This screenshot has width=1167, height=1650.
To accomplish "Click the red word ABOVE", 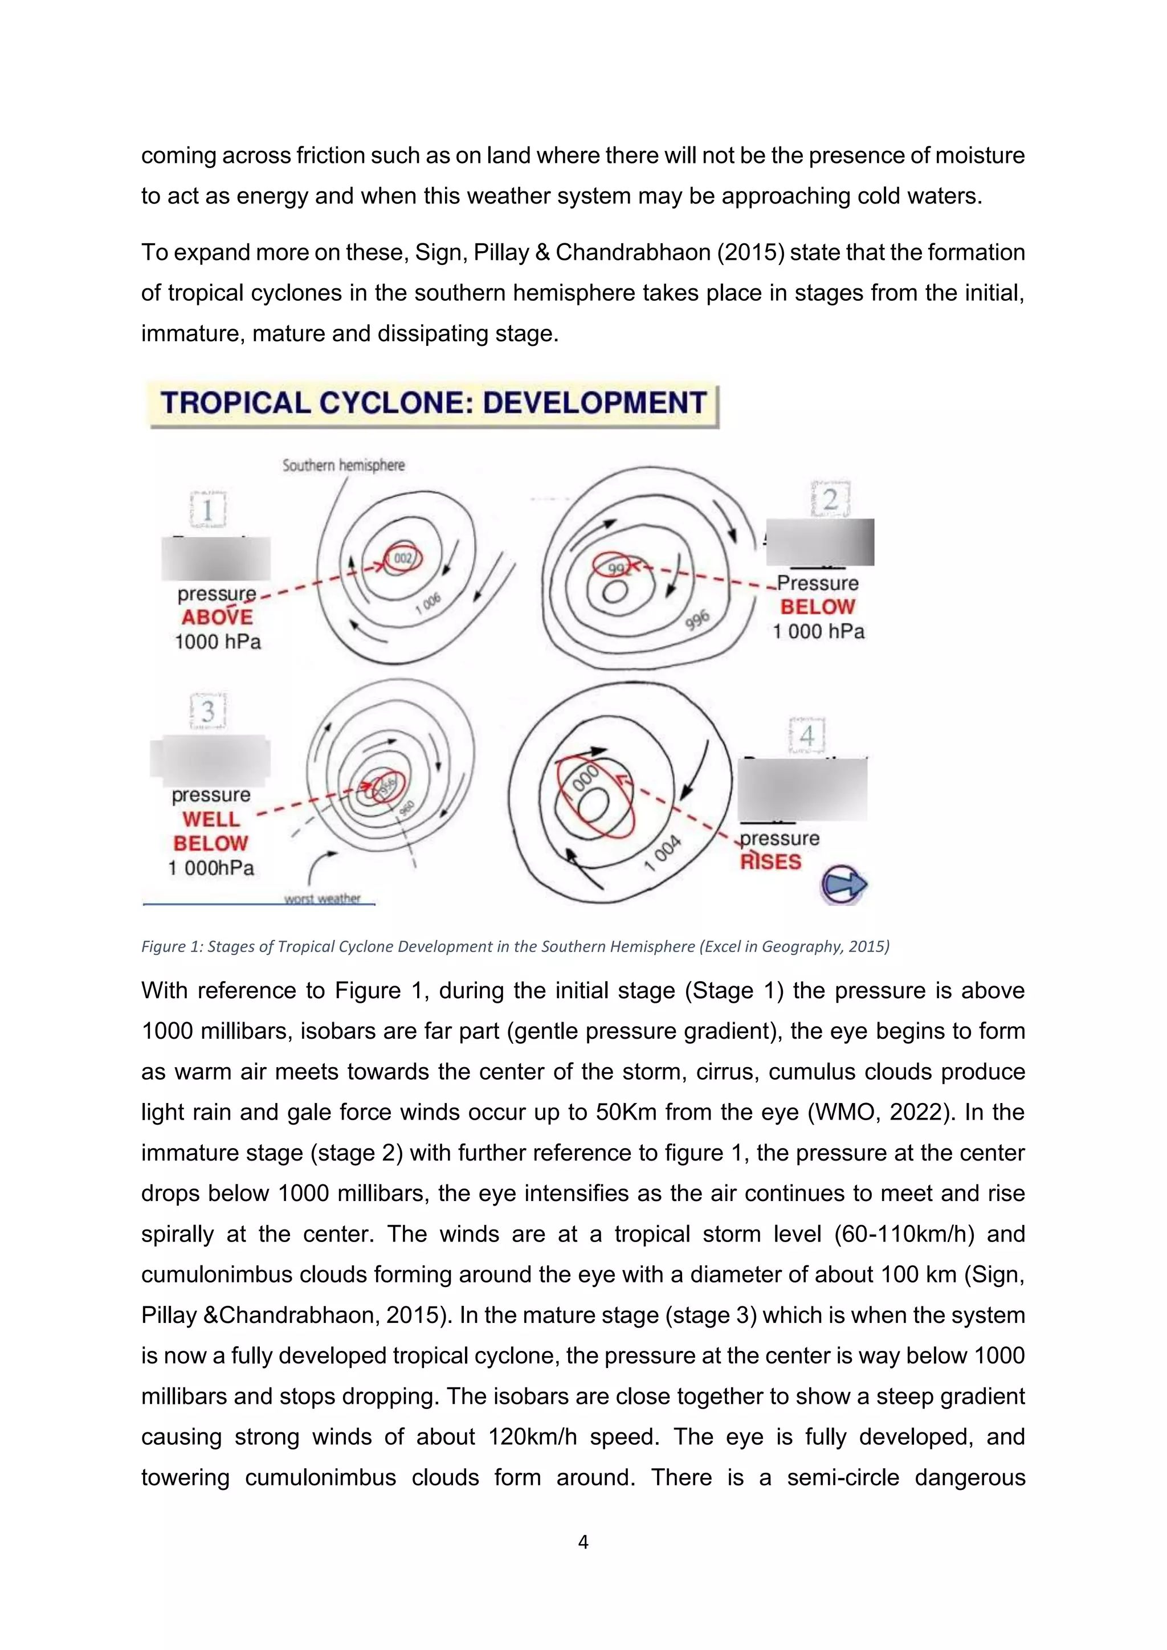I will tap(217, 617).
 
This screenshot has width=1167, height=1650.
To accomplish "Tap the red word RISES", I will tap(770, 861).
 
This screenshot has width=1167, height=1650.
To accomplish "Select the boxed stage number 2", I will tap(830, 499).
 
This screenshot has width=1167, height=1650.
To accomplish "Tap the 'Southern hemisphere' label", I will tap(344, 465).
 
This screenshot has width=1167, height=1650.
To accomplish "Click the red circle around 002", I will tap(403, 558).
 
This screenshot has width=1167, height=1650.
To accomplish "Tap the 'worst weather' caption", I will tap(322, 898).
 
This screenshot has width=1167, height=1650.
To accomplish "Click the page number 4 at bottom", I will tap(583, 1542).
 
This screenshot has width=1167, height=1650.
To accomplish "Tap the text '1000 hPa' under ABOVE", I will tap(218, 642).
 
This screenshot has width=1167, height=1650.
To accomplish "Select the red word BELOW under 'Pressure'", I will tap(817, 607).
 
